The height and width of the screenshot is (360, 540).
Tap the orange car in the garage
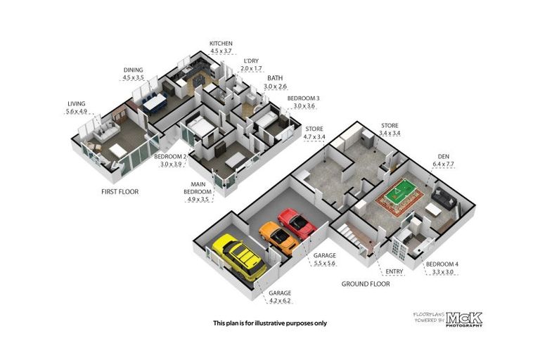click(x=278, y=237)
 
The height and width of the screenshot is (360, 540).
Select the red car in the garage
click(x=297, y=223)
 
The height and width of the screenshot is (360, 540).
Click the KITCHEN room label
click(x=221, y=44)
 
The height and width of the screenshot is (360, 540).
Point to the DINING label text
click(x=133, y=70)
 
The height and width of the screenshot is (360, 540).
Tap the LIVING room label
click(x=75, y=103)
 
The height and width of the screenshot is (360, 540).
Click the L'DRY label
click(x=250, y=61)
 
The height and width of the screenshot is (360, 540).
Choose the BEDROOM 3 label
click(x=303, y=98)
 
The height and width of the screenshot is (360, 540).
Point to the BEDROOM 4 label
click(x=442, y=264)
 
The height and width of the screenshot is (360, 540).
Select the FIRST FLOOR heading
click(x=120, y=192)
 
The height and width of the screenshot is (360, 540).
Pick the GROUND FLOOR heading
click(x=366, y=284)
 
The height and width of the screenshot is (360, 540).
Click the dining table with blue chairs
click(x=153, y=103)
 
